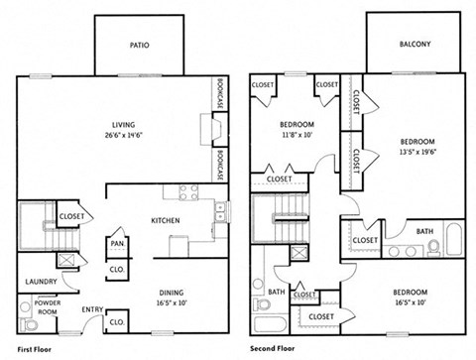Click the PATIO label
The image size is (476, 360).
pyautogui.click(x=139, y=45)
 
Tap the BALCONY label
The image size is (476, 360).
pyautogui.click(x=415, y=44)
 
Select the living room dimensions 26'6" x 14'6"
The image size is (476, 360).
pyautogui.click(x=124, y=135)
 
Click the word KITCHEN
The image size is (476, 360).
pyautogui.click(x=165, y=219)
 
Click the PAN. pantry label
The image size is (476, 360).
pyautogui.click(x=117, y=242)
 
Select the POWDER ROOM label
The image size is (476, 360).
pyautogui.click(x=46, y=306)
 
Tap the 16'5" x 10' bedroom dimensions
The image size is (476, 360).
pyautogui.click(x=411, y=303)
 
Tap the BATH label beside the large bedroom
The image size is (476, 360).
pyautogui.click(x=424, y=232)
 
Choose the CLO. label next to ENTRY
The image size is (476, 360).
pyautogui.click(x=116, y=322)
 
